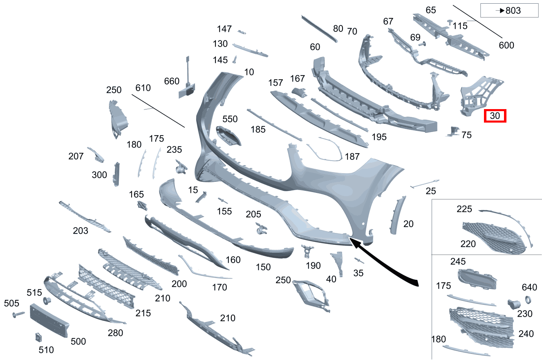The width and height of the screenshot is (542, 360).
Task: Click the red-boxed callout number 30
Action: pos(495,116)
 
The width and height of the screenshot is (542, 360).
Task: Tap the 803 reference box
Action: pos(509,10)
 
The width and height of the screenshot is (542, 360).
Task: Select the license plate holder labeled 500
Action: pos(49,320)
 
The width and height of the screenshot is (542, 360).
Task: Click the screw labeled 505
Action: pos(18,314)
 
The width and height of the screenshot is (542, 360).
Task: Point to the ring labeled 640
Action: pos(528,300)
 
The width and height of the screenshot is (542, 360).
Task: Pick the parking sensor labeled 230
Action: pos(513,304)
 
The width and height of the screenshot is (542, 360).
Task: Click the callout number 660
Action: pos(172,81)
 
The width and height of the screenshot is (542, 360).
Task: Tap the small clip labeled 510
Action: pos(38,337)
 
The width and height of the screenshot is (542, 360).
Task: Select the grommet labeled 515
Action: pos(47,301)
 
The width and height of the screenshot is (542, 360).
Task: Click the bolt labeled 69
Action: pos(422,44)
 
